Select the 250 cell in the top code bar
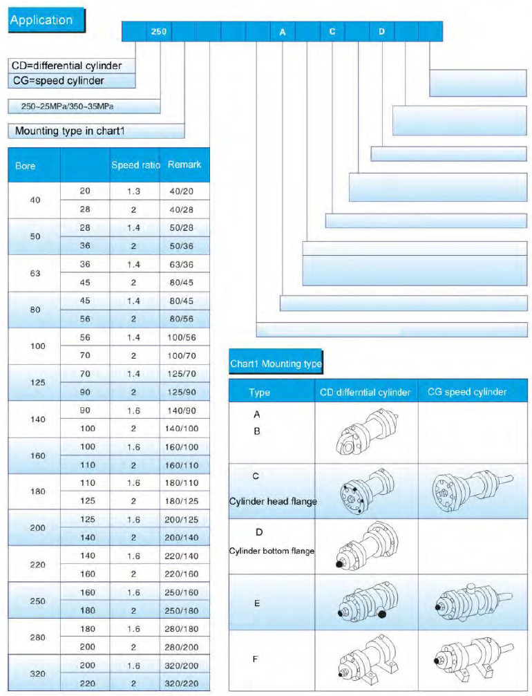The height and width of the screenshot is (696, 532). point(159,32)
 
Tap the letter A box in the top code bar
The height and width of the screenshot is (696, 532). point(282,32)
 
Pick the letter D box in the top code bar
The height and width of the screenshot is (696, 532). point(381,32)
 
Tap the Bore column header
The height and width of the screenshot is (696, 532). point(25,165)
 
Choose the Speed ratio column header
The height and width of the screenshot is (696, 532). point(135,165)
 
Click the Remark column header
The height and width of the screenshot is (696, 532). point(184,165)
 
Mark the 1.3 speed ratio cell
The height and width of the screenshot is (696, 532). point(134,191)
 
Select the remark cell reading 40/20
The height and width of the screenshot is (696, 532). point(184,191)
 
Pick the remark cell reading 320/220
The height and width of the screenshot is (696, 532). point(184,682)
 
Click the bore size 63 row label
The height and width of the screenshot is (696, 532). point(35,273)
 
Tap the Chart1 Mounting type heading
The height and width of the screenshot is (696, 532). point(276,363)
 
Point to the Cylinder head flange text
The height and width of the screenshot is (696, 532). point(273,502)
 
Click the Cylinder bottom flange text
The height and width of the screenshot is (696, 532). point(272,551)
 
